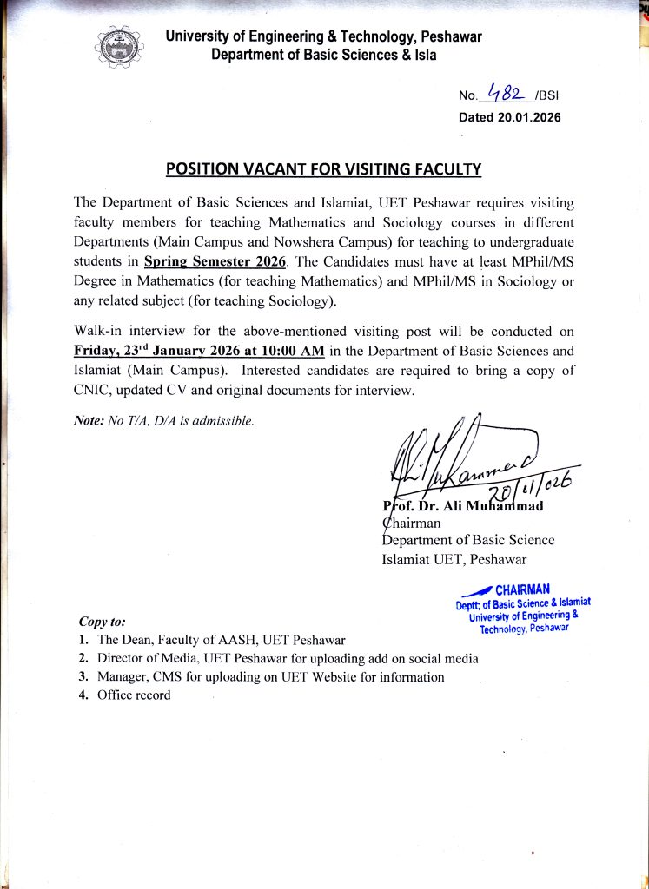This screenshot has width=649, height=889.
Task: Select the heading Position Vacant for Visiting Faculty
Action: (x=323, y=168)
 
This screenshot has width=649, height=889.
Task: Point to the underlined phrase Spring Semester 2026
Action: (x=215, y=260)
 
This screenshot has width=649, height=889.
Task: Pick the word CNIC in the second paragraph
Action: (x=93, y=391)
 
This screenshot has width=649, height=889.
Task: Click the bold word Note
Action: (x=89, y=421)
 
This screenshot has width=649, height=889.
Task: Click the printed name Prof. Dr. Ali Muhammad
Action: (x=464, y=506)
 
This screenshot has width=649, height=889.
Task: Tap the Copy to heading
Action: (x=103, y=622)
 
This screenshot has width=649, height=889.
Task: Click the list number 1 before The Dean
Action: (x=83, y=640)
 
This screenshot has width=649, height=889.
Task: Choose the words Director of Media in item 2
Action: (x=149, y=658)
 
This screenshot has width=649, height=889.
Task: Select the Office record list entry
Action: (x=134, y=695)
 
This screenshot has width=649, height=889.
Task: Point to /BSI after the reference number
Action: (x=547, y=96)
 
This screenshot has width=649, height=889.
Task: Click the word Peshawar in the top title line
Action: (x=450, y=36)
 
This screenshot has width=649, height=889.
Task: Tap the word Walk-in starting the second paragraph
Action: (x=101, y=332)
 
